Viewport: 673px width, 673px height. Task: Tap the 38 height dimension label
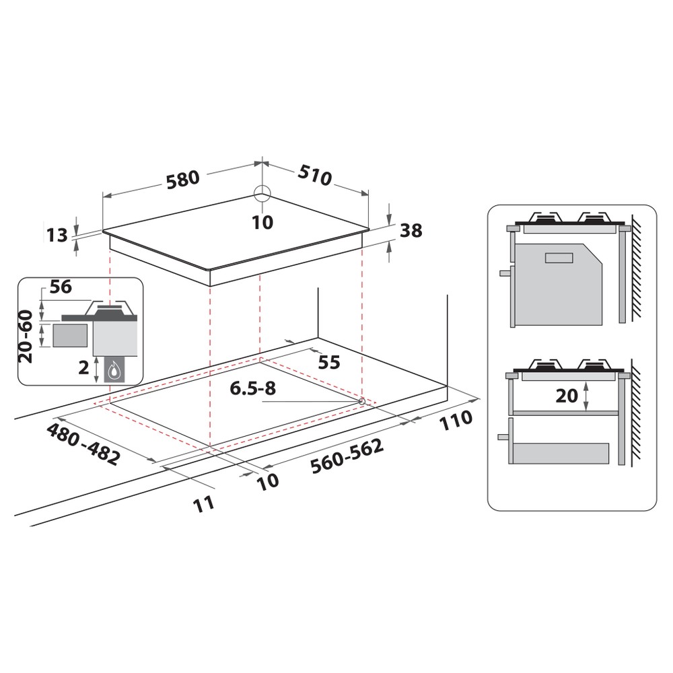[x=410, y=230]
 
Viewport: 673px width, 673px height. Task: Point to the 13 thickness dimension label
[x=58, y=235]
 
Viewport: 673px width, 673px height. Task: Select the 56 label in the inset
[x=61, y=287]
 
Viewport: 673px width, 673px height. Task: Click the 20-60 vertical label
[x=26, y=336]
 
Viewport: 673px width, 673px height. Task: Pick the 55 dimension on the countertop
[x=328, y=362]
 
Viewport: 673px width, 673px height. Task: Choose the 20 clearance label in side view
[x=567, y=396]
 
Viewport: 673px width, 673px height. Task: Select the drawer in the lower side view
[x=560, y=454]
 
